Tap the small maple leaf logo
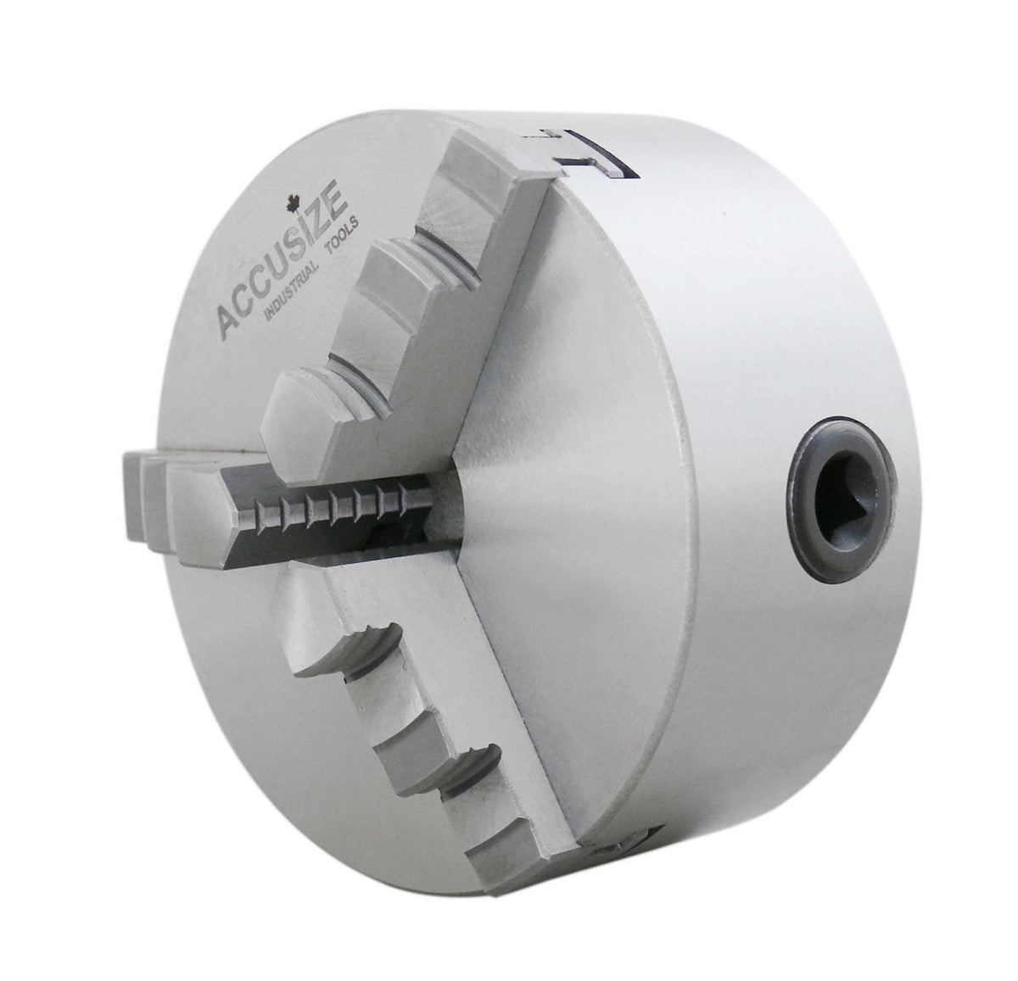tap(292, 203)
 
